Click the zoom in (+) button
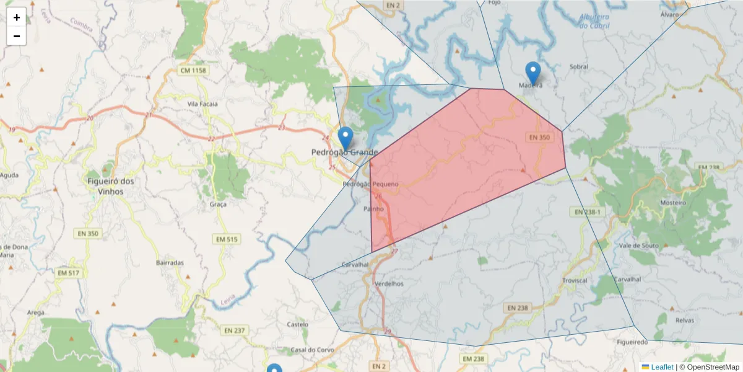(x=17, y=17)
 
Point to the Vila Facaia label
(x=202, y=104)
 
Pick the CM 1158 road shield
(x=193, y=71)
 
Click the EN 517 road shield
(x=68, y=273)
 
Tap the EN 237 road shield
(x=235, y=330)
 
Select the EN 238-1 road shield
(x=588, y=212)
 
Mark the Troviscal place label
(x=574, y=281)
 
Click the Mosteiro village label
(x=673, y=203)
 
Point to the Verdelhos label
(x=389, y=283)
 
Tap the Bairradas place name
(x=170, y=263)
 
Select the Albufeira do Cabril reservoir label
(x=594, y=22)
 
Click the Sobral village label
(x=578, y=66)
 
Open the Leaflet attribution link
(x=661, y=367)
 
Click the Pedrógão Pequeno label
(x=370, y=184)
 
